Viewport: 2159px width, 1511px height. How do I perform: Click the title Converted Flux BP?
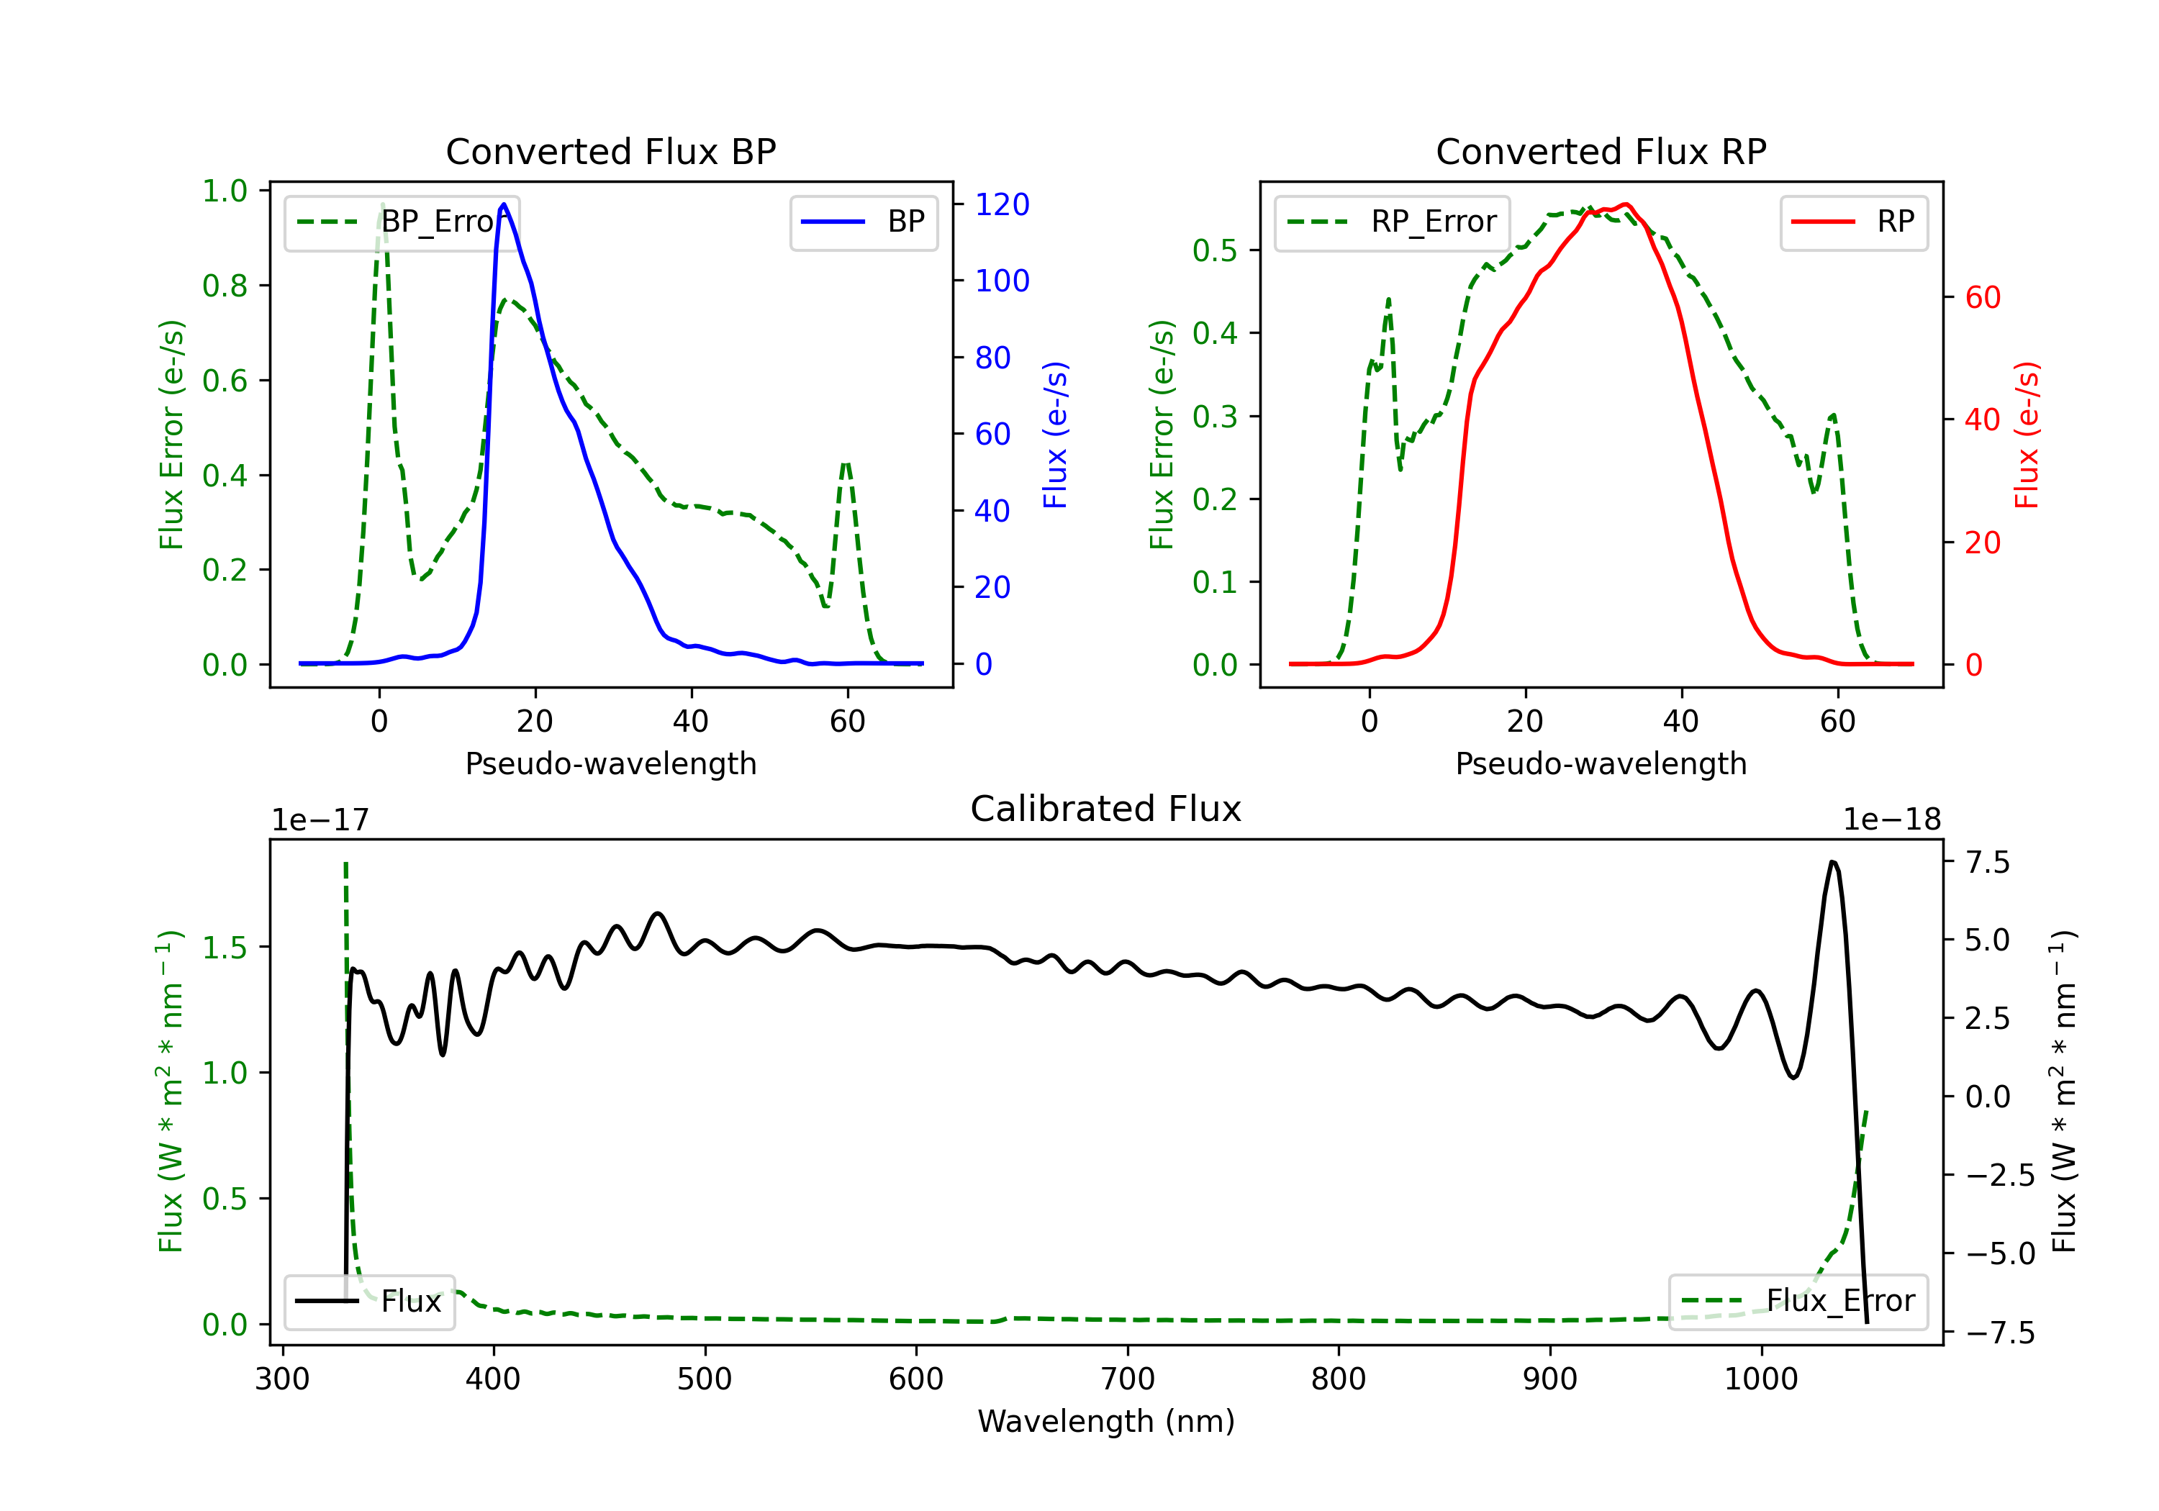[611, 151]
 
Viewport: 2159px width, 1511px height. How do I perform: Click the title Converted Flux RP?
[1601, 151]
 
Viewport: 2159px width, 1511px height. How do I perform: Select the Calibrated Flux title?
[1106, 809]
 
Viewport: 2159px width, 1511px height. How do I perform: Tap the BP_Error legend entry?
[402, 222]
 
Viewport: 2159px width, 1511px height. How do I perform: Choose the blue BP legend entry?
[863, 222]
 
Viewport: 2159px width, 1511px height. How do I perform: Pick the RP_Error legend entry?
[1392, 222]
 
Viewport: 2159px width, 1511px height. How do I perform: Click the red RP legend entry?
[1853, 222]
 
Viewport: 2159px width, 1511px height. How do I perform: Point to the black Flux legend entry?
[368, 1302]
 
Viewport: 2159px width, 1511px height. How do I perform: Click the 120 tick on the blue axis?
[1002, 204]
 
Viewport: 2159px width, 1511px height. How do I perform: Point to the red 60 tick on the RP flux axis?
[1983, 297]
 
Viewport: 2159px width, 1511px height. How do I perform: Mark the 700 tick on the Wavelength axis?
[1128, 1379]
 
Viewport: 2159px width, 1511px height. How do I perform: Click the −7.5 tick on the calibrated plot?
[2000, 1333]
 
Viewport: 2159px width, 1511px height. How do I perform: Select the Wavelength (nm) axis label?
[1106, 1421]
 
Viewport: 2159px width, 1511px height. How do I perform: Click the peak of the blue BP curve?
[504, 204]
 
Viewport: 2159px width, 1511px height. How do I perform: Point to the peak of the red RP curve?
[1626, 204]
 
